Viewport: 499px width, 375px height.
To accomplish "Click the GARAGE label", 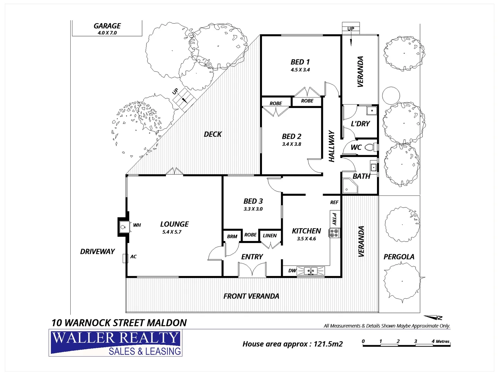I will click(107, 26).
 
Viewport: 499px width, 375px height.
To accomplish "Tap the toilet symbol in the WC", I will click(371, 147).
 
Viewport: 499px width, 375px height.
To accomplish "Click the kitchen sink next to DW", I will click(311, 270).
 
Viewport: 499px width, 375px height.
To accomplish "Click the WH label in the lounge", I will click(137, 225).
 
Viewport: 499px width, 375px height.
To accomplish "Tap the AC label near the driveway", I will click(133, 257).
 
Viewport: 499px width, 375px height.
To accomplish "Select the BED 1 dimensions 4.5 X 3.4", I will click(300, 70).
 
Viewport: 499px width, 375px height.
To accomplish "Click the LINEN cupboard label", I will click(270, 235).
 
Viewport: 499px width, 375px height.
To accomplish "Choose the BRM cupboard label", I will click(232, 236).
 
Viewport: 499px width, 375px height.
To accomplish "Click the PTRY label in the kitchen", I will click(334, 219).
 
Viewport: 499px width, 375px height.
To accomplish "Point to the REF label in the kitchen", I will click(334, 202).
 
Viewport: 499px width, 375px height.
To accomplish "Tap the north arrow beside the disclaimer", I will click(434, 317).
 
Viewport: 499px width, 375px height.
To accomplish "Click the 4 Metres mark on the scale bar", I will click(440, 342).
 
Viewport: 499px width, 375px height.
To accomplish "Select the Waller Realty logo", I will click(115, 343).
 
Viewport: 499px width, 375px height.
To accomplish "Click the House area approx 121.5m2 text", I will click(292, 344).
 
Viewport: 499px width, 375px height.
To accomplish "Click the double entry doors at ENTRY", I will click(252, 270).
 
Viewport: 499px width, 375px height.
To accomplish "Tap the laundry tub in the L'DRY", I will click(371, 111).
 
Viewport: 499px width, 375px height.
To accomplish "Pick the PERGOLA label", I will click(399, 257).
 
